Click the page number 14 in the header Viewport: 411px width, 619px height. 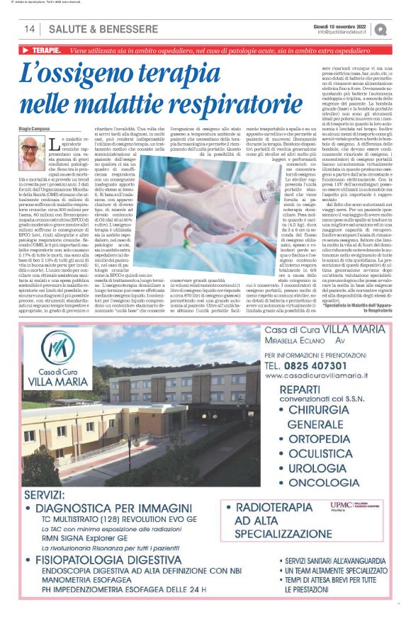pyautogui.click(x=29, y=29)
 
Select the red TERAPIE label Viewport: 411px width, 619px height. pyautogui.click(x=41, y=51)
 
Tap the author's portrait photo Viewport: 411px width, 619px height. pyautogui.click(x=32, y=153)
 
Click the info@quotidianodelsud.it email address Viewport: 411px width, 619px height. pyautogui.click(x=343, y=32)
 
